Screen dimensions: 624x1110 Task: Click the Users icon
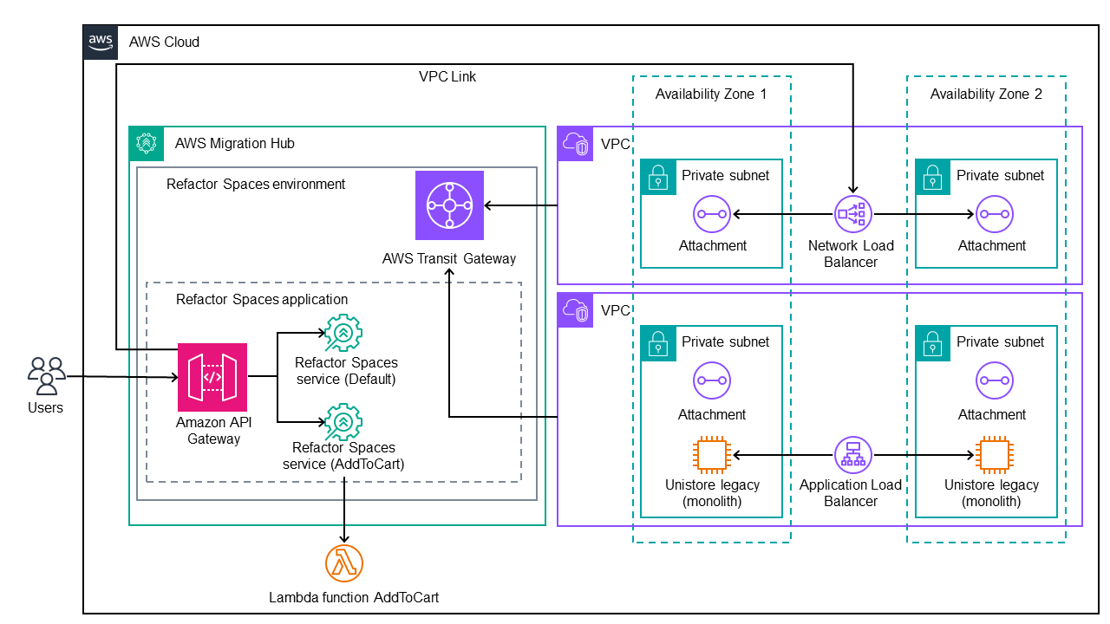(x=46, y=376)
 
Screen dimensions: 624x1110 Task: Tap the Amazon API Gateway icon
(x=212, y=377)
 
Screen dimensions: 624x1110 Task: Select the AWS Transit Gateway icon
(x=449, y=205)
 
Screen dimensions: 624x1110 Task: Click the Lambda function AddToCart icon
(x=344, y=564)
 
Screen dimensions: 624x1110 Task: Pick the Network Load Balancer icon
(x=853, y=213)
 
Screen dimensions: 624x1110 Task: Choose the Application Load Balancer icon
(x=853, y=453)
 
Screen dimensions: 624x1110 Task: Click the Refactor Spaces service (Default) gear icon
(x=343, y=333)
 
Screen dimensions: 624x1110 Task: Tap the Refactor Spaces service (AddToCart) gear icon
(x=343, y=421)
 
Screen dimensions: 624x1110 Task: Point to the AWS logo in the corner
(x=101, y=42)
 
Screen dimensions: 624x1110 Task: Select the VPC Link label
(x=447, y=76)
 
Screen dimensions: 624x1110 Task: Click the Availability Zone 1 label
(x=711, y=94)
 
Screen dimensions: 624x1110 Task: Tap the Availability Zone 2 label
(x=986, y=94)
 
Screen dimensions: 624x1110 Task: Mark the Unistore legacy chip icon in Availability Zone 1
(x=711, y=454)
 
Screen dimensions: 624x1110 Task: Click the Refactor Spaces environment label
(x=256, y=184)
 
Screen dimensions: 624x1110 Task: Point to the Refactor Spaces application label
(x=262, y=299)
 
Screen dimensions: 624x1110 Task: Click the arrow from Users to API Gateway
(x=121, y=377)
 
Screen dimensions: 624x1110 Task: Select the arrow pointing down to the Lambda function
(x=345, y=511)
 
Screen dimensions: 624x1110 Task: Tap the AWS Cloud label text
(x=164, y=42)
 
